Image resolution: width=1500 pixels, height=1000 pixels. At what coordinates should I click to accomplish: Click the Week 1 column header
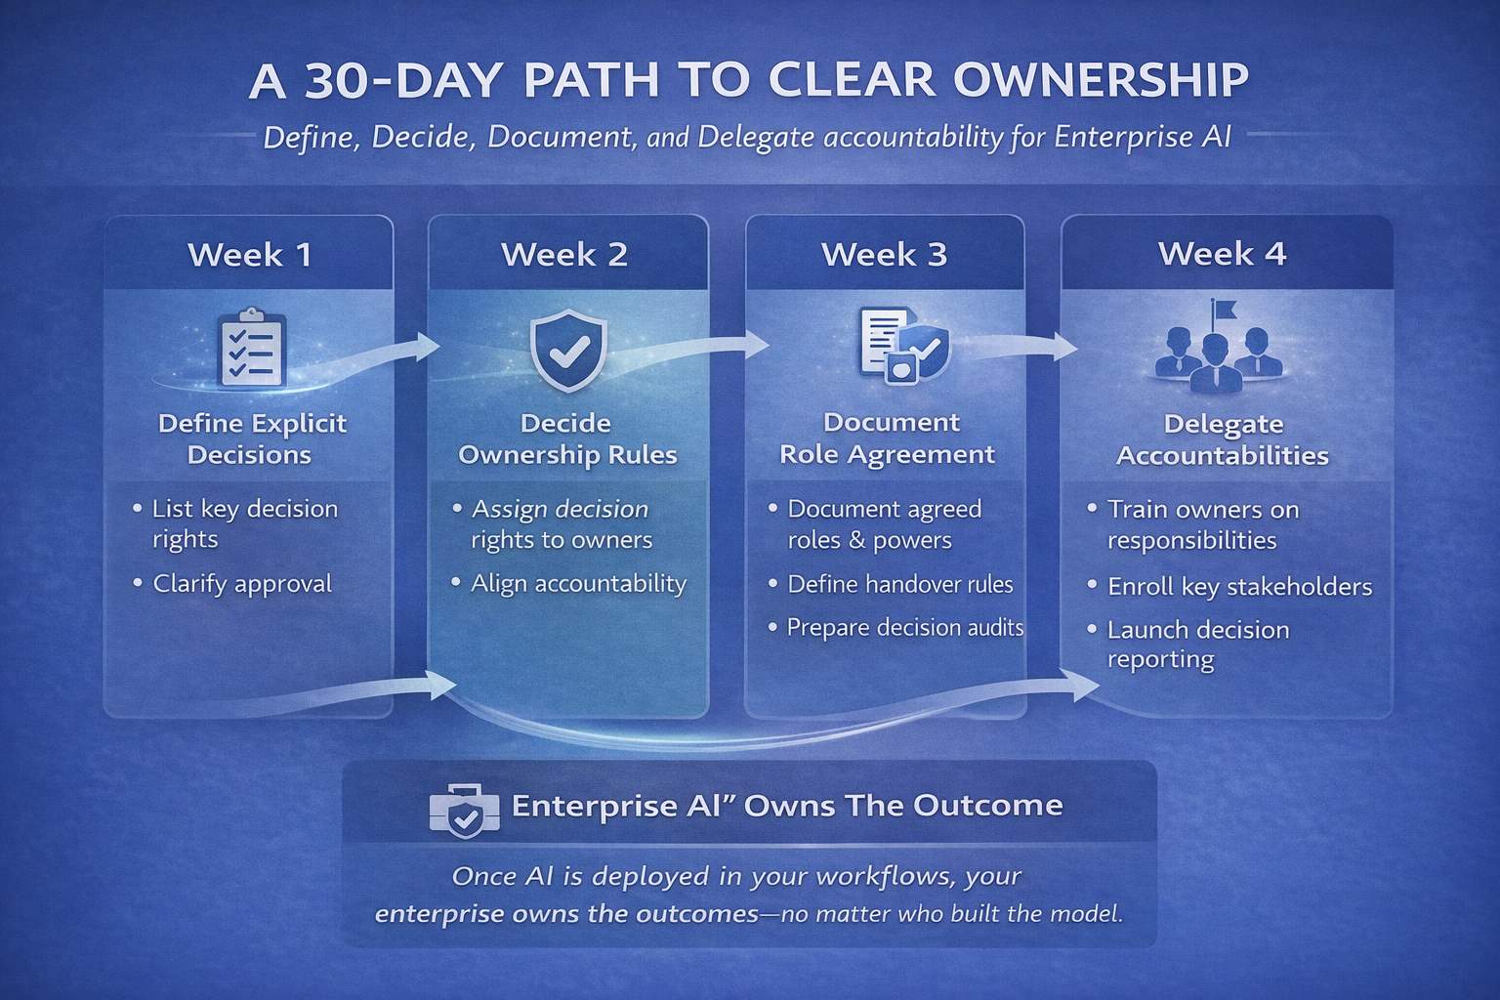coord(250,255)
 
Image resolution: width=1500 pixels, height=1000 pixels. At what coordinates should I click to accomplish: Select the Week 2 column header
coord(564,255)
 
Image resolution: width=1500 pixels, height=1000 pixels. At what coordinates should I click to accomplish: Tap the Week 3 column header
coord(884,255)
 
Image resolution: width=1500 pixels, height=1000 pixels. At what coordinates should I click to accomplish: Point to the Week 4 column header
coord(1222,254)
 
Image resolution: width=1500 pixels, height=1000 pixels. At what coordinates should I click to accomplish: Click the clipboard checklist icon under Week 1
coord(252,349)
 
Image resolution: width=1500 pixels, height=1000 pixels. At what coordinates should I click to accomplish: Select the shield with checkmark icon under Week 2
coord(567,351)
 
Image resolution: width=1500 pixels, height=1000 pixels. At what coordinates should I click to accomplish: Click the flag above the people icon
coord(1223,311)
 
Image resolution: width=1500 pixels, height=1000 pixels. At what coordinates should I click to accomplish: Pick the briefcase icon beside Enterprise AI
coord(464,810)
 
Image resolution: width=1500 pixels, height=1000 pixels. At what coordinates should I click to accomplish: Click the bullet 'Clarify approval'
coord(241,583)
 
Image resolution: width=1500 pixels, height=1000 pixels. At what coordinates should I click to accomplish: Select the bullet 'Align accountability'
coord(578,583)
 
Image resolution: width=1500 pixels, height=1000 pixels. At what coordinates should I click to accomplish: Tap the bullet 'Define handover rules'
coord(899,584)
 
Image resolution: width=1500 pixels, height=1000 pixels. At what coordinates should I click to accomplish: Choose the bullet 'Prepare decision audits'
coord(904,627)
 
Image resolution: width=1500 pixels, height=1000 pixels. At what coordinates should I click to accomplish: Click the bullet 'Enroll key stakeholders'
coord(1239,586)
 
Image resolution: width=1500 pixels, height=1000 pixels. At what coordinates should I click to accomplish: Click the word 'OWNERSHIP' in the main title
coord(1101,81)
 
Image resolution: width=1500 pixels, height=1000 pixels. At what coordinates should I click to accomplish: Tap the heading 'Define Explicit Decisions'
coord(251,438)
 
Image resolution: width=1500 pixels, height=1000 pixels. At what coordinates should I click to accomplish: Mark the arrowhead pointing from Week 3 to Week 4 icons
coord(1066,346)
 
